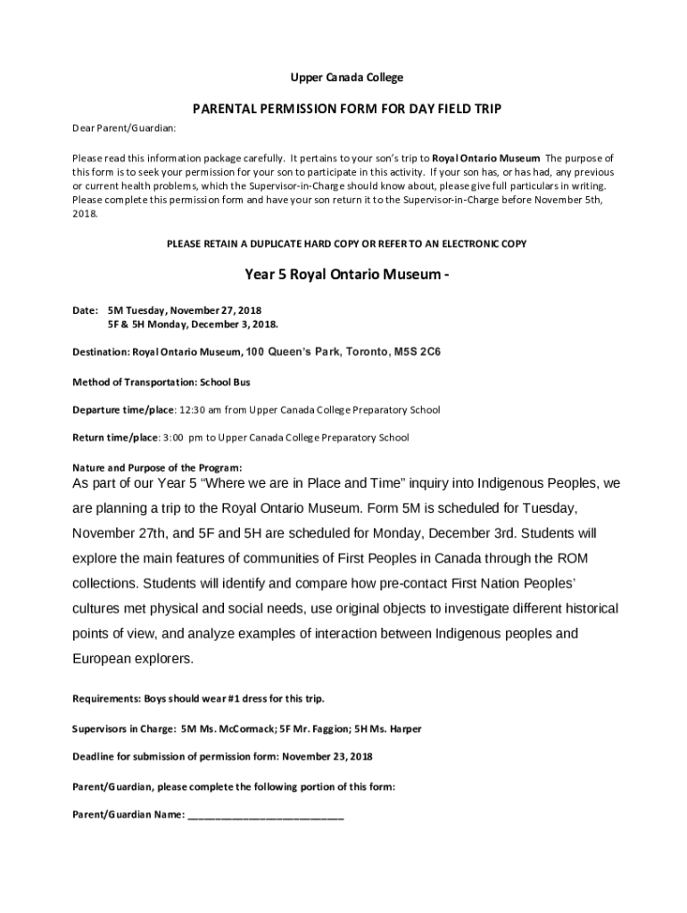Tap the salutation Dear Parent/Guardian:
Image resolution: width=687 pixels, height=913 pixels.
124,128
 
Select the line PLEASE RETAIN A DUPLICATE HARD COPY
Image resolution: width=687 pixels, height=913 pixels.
347,243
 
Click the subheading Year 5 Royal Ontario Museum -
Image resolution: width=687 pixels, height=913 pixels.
346,275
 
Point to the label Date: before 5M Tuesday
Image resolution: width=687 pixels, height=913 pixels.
85,310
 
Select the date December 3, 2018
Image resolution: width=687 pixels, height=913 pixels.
251,325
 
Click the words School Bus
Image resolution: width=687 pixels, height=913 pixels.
225,382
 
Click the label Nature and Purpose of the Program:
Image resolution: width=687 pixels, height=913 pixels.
156,467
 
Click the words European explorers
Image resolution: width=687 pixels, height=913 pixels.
132,660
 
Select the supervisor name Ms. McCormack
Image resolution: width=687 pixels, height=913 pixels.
236,728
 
